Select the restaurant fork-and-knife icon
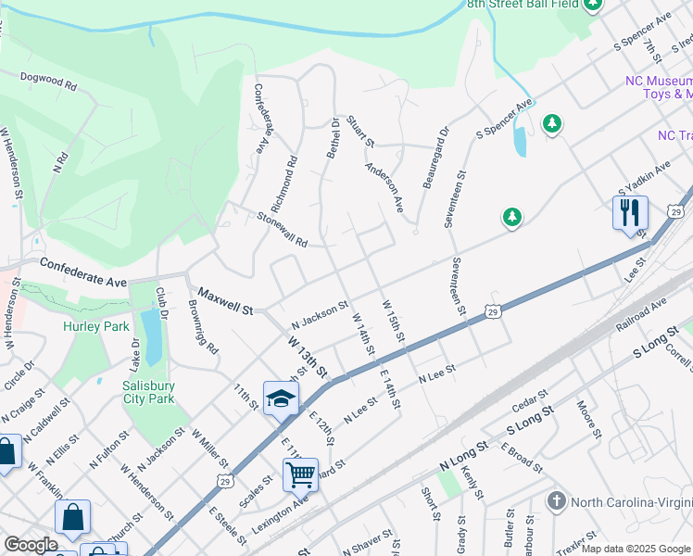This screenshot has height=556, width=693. pyautogui.click(x=629, y=212)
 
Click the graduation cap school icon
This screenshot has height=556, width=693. pyautogui.click(x=281, y=398)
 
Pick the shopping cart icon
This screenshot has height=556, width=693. pyautogui.click(x=301, y=474)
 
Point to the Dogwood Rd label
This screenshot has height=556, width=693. pyautogui.click(x=48, y=82)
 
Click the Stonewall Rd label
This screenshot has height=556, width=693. pyautogui.click(x=282, y=230)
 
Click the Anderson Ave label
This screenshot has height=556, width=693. pyautogui.click(x=384, y=188)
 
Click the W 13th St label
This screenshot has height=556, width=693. pyautogui.click(x=308, y=356)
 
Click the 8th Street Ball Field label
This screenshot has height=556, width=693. pyautogui.click(x=523, y=5)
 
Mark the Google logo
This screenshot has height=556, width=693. pyautogui.click(x=31, y=545)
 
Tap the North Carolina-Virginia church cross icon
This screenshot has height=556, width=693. pyautogui.click(x=556, y=501)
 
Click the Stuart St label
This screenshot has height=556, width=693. pyautogui.click(x=359, y=132)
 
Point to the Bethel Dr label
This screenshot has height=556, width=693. pyautogui.click(x=333, y=137)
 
